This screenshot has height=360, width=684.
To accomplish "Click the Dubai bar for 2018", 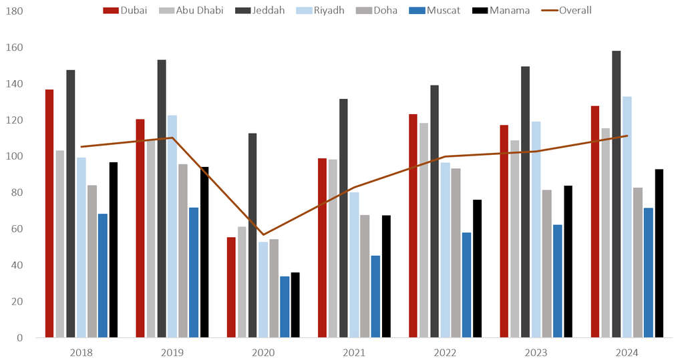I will pos(49,213).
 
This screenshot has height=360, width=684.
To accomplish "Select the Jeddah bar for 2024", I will pos(616,194).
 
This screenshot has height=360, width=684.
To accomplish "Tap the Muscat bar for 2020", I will pos(285,307).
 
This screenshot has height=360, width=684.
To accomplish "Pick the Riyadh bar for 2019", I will pos(172,226).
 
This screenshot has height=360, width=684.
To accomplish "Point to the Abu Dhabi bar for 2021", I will pos(333,248).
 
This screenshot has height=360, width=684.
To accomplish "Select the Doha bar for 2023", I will pos(546,264).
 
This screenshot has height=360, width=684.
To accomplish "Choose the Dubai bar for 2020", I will pos(231,287).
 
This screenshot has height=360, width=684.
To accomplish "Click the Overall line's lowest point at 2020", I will pos(263,234).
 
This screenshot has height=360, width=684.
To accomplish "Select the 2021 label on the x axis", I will pos(354,352).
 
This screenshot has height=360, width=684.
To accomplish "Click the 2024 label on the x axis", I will pos(627,352).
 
